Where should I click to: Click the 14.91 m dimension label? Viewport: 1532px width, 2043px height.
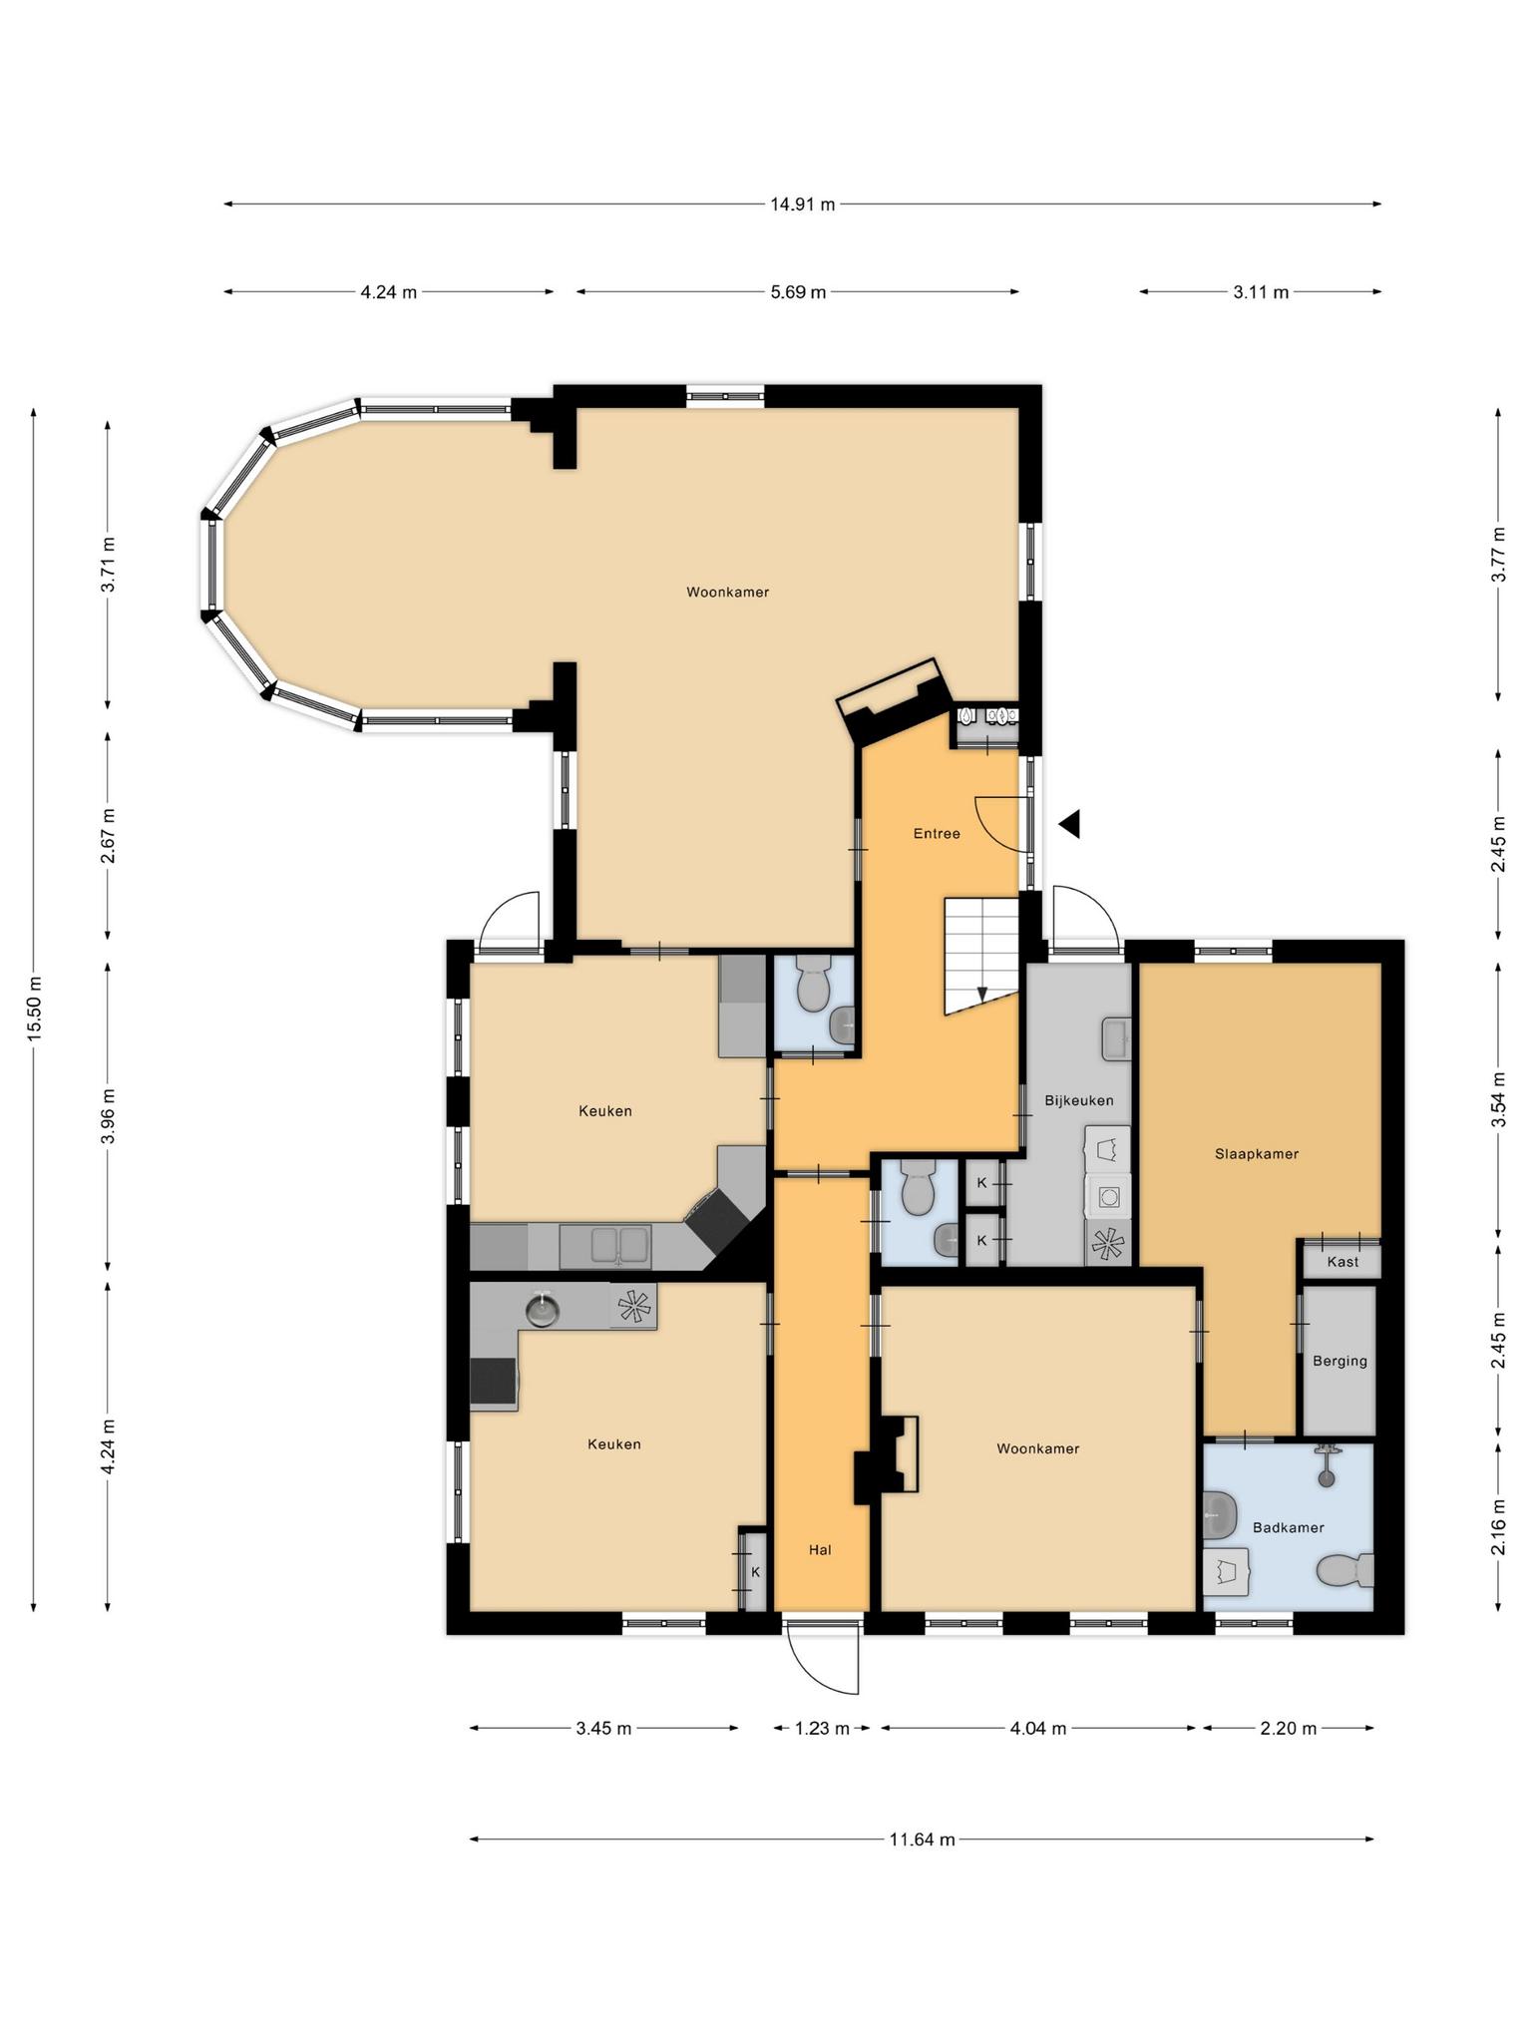802,204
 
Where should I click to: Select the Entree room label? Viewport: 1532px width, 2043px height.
937,833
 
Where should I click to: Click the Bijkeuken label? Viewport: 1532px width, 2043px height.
1079,1100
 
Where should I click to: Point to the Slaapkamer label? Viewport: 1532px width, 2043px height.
1257,1154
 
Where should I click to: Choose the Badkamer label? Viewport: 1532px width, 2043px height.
1289,1527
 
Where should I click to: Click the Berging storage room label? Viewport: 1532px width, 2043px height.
1340,1361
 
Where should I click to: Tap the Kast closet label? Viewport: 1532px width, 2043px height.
1342,1262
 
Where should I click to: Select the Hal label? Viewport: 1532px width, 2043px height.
820,1549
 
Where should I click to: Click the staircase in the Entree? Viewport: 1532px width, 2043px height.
981,956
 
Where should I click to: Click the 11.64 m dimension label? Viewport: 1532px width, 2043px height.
922,1839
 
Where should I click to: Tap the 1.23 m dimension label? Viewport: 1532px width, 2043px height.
822,1728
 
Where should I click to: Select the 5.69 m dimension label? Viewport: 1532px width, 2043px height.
798,292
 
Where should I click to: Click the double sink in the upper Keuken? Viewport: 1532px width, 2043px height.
605,1246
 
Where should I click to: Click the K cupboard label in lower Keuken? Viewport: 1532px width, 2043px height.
755,1572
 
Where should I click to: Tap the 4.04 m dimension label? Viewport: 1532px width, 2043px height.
1038,1728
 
